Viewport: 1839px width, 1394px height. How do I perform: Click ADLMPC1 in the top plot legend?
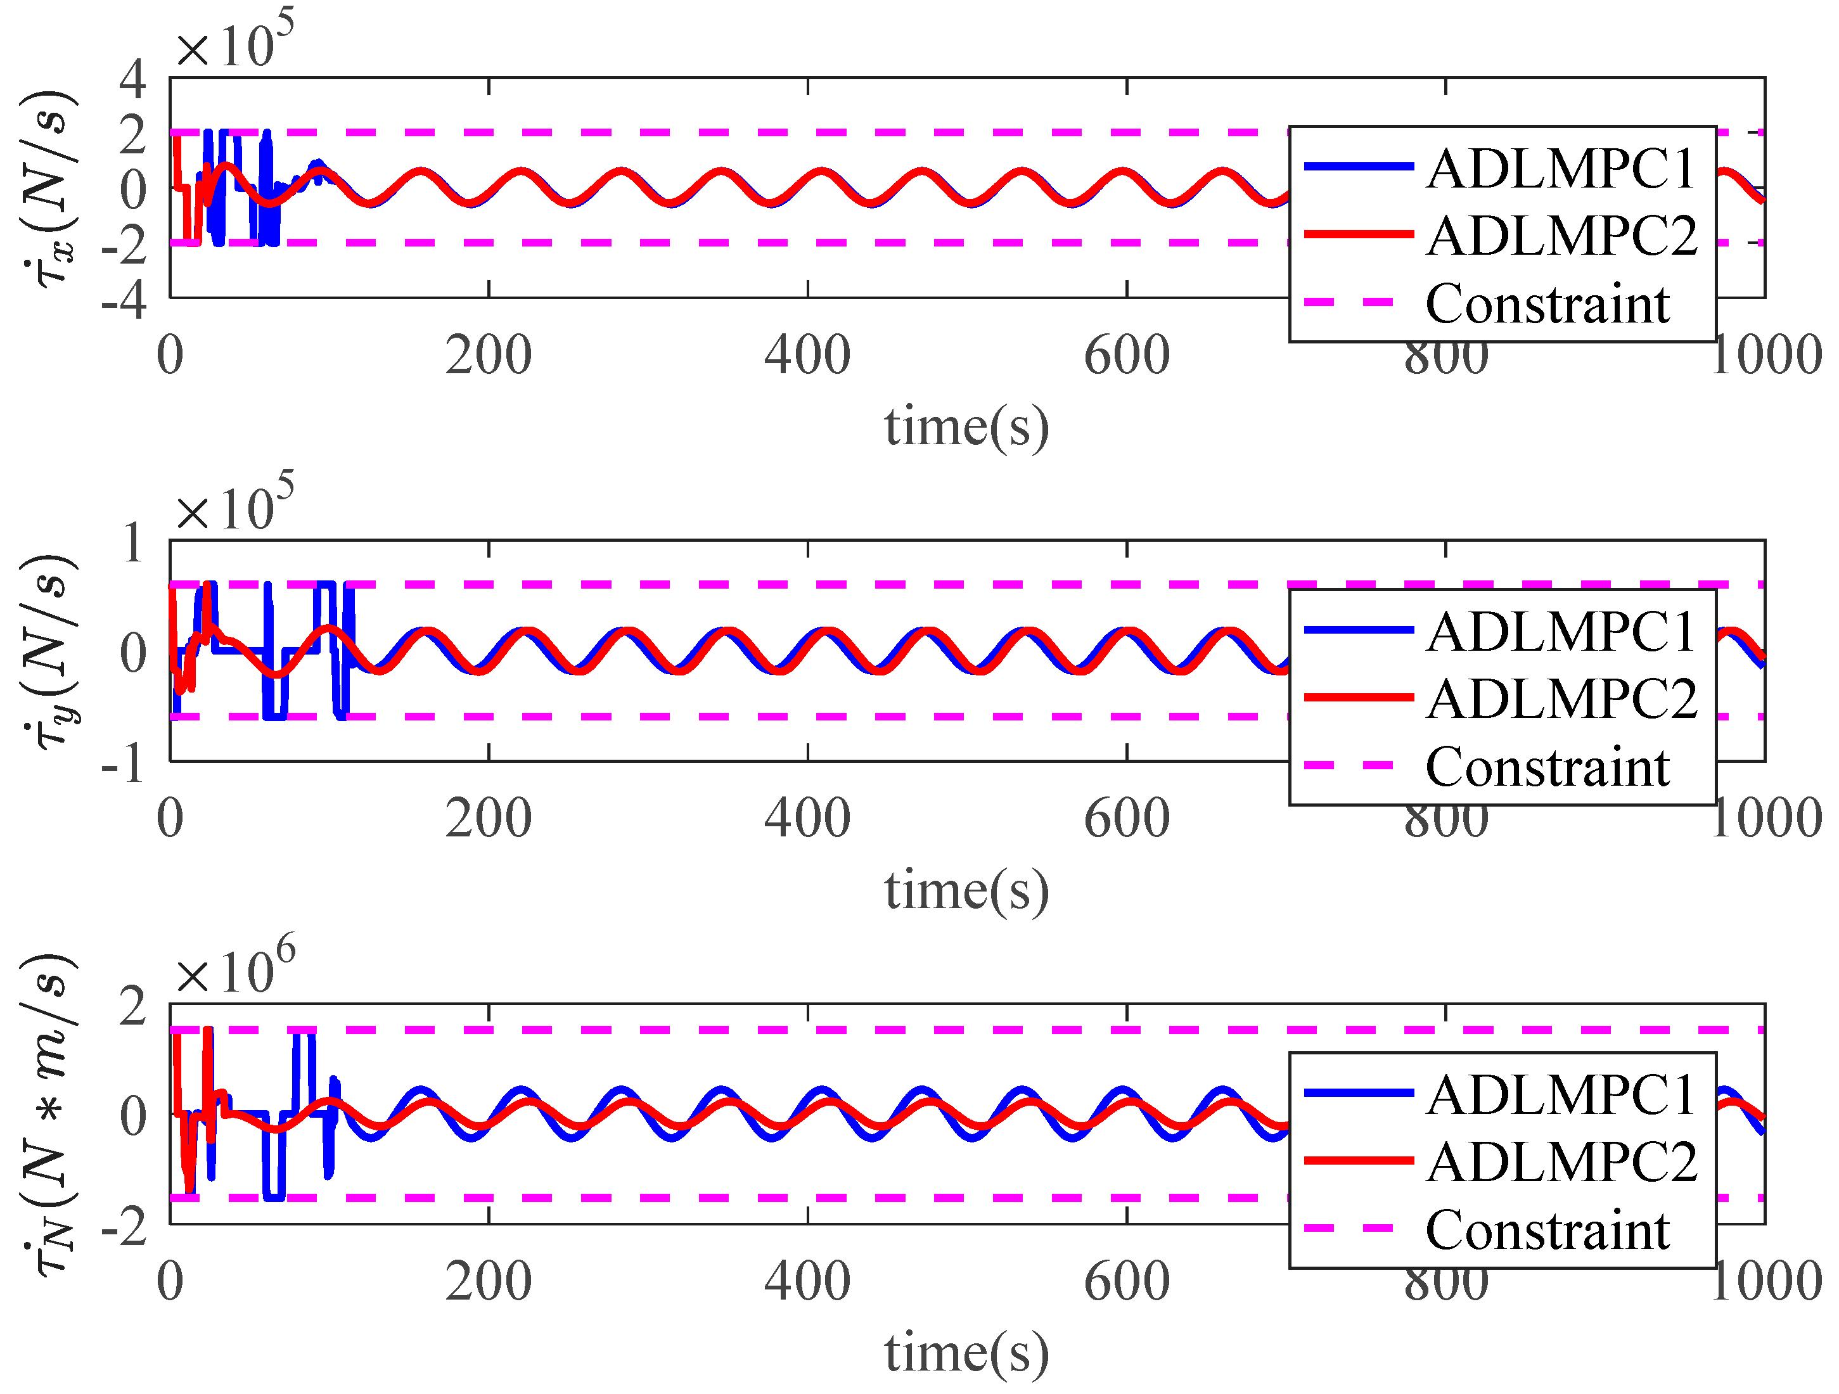(1561, 169)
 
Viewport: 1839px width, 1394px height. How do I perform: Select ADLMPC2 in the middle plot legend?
(1561, 698)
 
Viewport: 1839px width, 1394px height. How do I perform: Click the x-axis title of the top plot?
(966, 427)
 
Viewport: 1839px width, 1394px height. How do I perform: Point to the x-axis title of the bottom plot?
(966, 1353)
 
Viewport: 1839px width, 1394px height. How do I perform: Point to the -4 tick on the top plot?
(125, 299)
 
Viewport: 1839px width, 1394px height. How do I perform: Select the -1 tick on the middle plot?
(125, 763)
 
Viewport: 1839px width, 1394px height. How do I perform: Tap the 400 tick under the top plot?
(807, 355)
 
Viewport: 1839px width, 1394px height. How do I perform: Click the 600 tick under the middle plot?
(1127, 819)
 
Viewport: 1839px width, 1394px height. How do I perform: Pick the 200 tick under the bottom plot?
(488, 1282)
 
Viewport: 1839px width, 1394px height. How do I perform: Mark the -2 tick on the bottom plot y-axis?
(125, 1227)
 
